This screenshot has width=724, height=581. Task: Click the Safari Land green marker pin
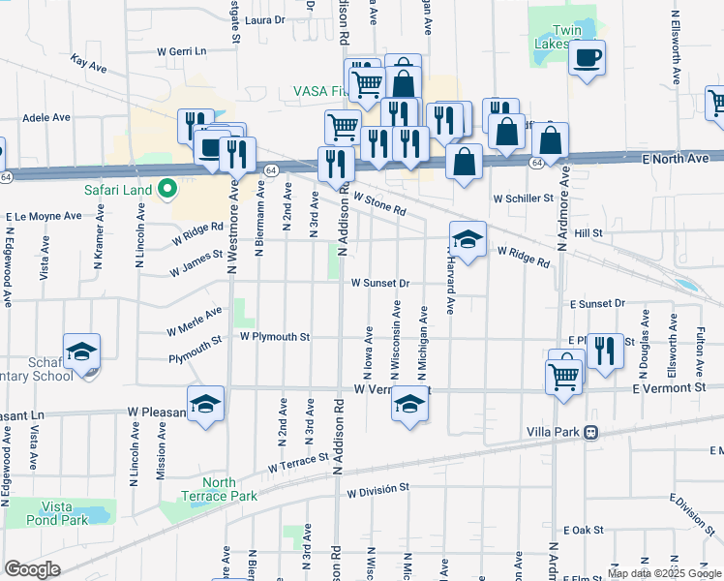pyautogui.click(x=166, y=189)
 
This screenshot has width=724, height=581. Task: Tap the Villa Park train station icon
pyautogui.click(x=589, y=433)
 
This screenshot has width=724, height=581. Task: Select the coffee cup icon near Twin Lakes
pyautogui.click(x=587, y=59)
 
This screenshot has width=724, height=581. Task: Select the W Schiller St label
pyautogui.click(x=522, y=198)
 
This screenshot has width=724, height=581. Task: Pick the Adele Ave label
pyautogui.click(x=46, y=117)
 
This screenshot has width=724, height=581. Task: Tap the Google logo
pyautogui.click(x=32, y=569)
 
